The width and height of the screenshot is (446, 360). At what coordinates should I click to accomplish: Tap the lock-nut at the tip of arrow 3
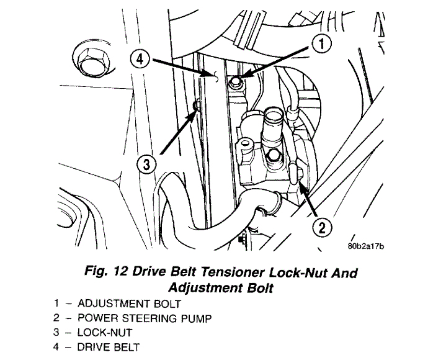(196, 107)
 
